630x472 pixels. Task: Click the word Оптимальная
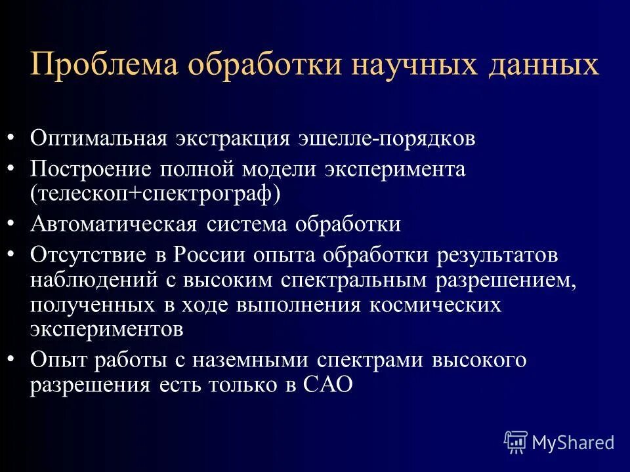(101, 139)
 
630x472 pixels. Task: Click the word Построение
(90, 169)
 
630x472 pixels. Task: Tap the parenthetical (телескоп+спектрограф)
(154, 193)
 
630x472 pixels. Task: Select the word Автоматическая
(113, 224)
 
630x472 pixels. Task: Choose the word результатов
(490, 255)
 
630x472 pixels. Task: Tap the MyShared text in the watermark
(573, 442)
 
